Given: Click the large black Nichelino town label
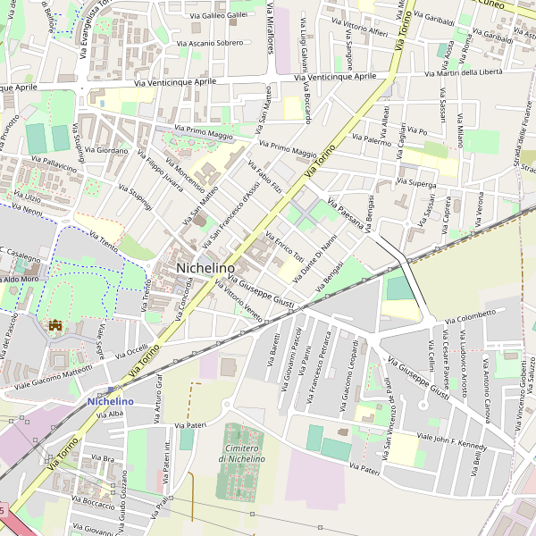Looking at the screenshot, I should (205, 267).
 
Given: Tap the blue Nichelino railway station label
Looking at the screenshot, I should (111, 401).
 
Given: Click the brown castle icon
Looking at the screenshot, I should (55, 326).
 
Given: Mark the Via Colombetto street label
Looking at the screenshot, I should (469, 315).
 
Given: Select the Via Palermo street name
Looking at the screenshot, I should (372, 140).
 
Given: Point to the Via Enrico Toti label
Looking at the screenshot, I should (285, 246).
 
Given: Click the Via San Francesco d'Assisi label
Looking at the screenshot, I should (227, 206).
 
